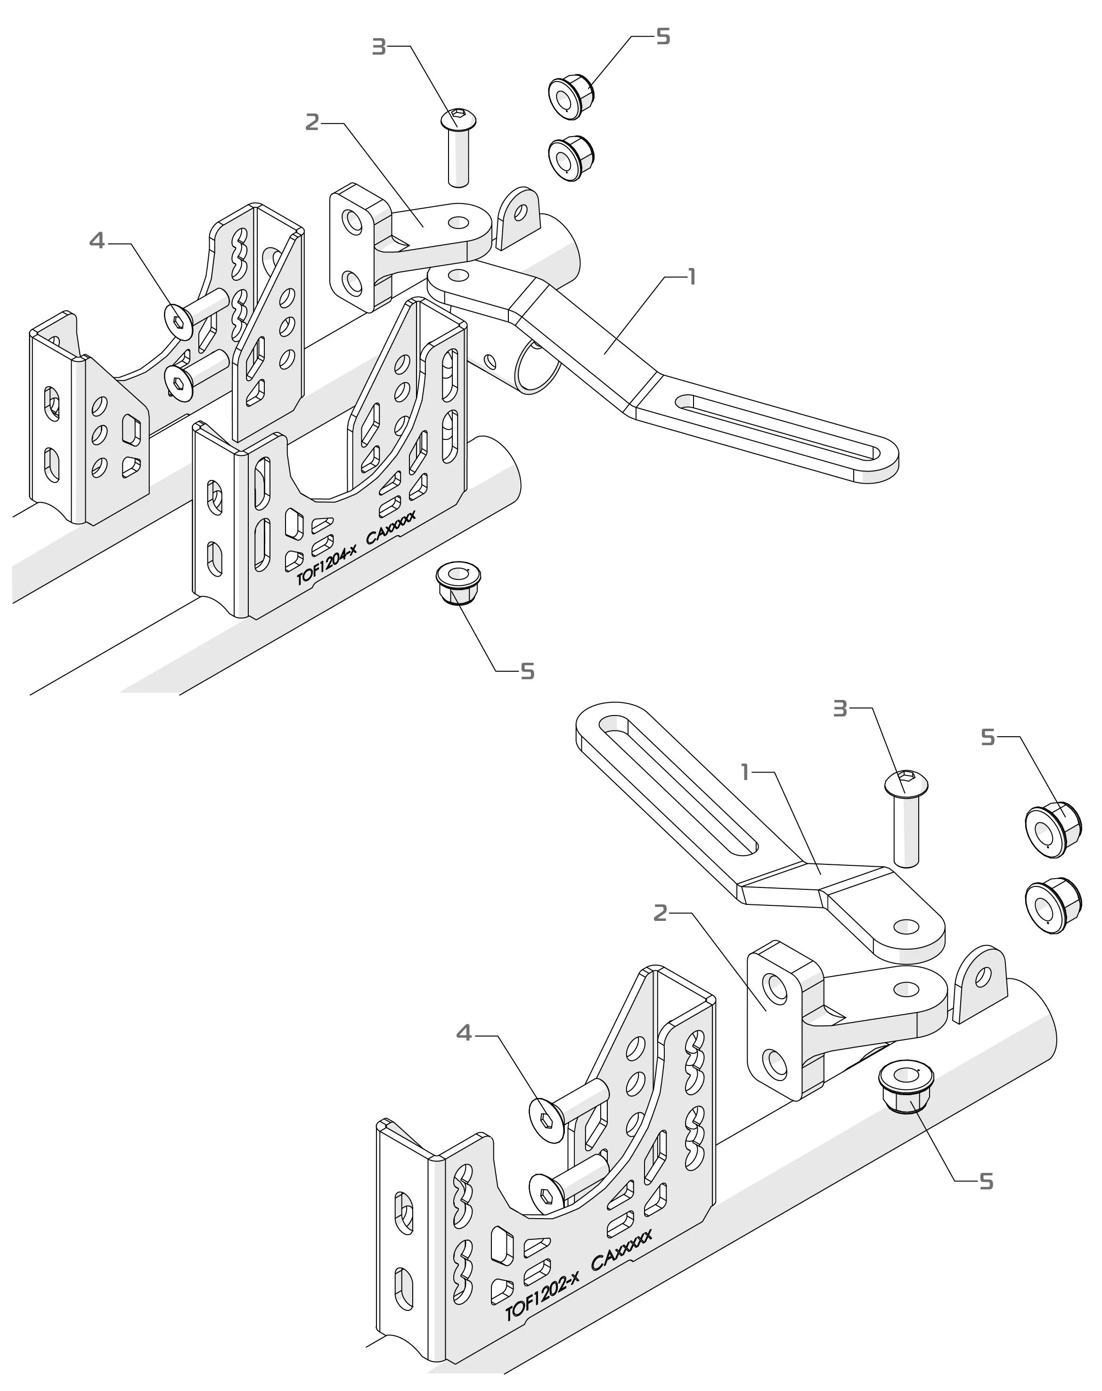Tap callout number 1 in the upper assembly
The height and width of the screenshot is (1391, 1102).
coord(692,277)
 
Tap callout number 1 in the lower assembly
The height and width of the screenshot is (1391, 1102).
coord(746,772)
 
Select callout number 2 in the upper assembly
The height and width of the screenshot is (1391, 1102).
coord(312,122)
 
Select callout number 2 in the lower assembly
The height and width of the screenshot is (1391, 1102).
coord(660,913)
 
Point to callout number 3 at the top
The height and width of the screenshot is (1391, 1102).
coord(379,47)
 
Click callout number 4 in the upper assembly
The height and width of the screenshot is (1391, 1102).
coord(97,241)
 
